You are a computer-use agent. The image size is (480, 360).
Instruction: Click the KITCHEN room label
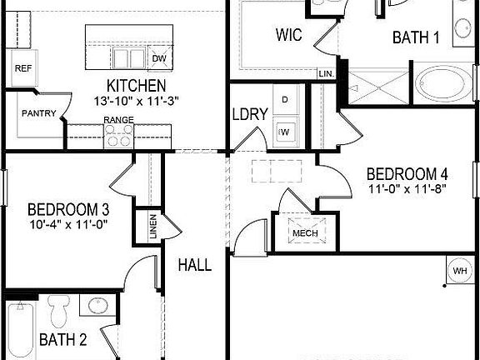(136, 86)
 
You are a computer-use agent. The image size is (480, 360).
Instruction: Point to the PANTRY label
(39, 113)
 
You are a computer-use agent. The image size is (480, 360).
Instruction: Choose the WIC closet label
(288, 35)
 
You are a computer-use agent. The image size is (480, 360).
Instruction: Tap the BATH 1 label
(416, 37)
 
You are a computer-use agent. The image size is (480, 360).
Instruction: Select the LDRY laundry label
(250, 114)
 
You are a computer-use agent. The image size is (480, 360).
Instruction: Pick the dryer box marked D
(285, 100)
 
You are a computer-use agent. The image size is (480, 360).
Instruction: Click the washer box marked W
(285, 130)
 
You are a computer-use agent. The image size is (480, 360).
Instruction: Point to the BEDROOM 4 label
(408, 174)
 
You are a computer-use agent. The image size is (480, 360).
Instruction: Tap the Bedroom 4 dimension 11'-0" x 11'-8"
(408, 188)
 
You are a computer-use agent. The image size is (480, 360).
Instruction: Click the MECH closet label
(304, 233)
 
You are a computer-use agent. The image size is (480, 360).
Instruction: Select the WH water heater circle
(459, 271)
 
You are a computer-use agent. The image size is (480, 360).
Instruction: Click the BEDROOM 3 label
(68, 209)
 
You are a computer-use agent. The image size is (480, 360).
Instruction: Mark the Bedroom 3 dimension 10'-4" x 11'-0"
(68, 223)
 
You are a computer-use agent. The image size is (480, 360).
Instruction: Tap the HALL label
(194, 265)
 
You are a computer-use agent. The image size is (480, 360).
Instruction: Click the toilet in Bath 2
(58, 312)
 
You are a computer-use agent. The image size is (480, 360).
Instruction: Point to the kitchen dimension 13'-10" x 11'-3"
(136, 100)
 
